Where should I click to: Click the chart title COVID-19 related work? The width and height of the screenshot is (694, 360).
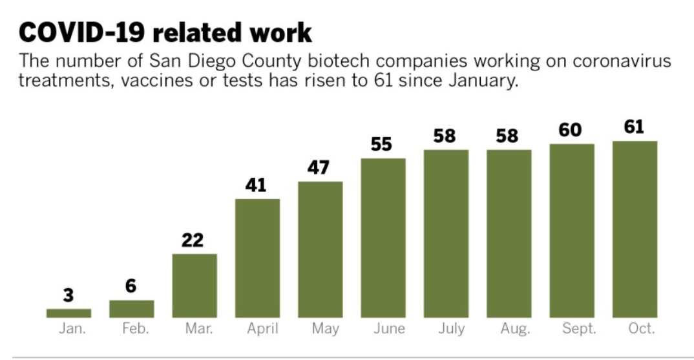165,32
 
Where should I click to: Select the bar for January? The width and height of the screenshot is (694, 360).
68,313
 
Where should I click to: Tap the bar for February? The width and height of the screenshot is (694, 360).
131,309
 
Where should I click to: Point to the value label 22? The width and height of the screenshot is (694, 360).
193,240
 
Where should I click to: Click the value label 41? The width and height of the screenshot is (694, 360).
256,185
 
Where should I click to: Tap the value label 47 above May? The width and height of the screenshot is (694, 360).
319,168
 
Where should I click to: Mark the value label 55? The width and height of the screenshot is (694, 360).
381,145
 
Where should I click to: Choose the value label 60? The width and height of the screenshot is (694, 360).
570,131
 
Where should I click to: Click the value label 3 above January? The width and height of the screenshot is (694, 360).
68,296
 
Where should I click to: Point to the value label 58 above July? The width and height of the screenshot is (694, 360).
445,136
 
